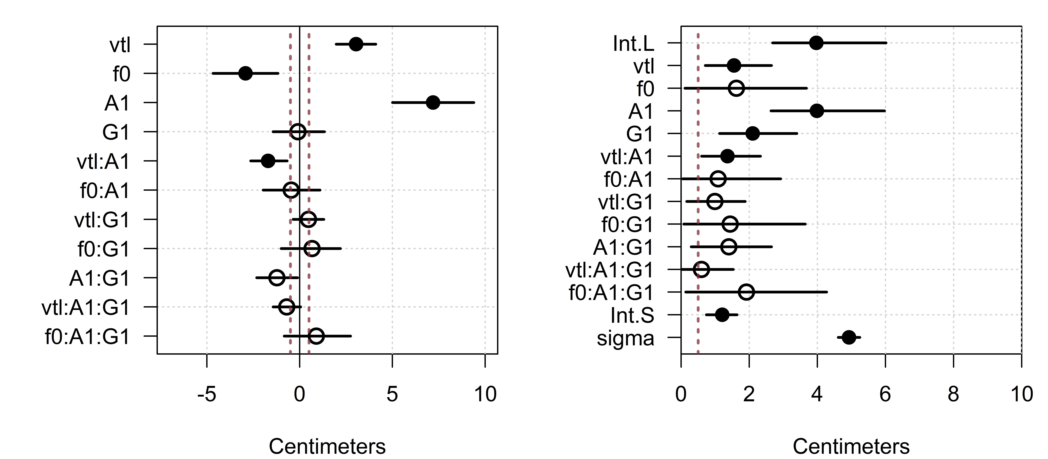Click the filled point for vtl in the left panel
(x=356, y=44)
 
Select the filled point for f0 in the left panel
(x=245, y=73)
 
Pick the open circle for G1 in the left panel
(x=298, y=132)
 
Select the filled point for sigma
(x=849, y=337)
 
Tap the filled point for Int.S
(x=722, y=314)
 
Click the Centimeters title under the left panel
(x=327, y=446)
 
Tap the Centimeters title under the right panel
(x=851, y=446)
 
